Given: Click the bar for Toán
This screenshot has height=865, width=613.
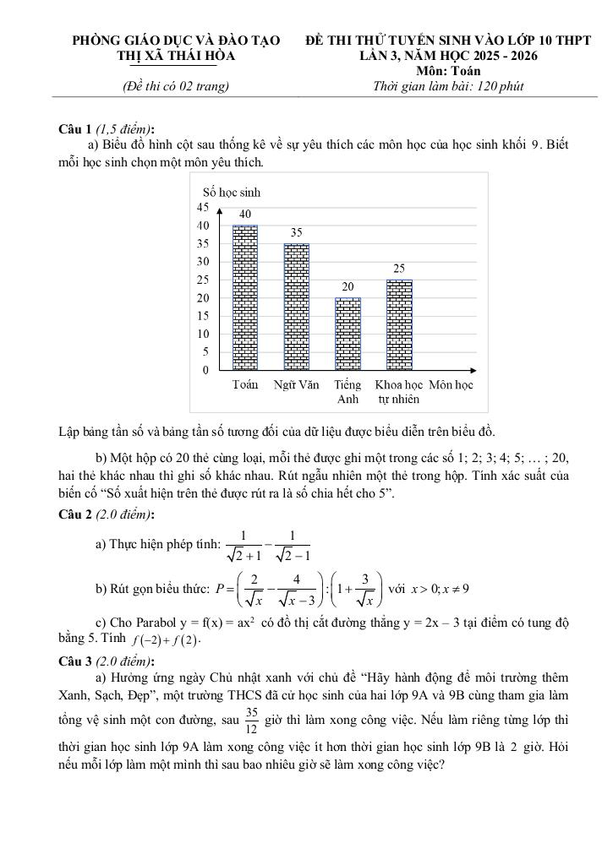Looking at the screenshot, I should click(x=245, y=297).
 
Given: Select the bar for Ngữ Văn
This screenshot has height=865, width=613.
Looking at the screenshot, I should click(x=296, y=307).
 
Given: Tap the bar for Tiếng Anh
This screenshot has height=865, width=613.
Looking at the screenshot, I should click(x=348, y=334).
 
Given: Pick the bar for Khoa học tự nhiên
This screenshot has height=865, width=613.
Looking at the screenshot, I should click(x=399, y=324).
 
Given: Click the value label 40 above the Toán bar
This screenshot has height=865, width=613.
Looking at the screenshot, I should click(x=245, y=215).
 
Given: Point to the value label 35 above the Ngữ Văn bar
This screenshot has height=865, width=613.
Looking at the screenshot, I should click(x=297, y=232).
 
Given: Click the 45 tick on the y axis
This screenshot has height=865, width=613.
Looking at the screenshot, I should click(x=202, y=207).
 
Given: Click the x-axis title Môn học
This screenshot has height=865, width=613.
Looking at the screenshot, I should click(x=451, y=385).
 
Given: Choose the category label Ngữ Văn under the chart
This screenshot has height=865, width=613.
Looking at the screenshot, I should click(x=296, y=385).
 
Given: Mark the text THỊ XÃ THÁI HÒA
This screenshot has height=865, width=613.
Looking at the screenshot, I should click(x=176, y=56).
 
